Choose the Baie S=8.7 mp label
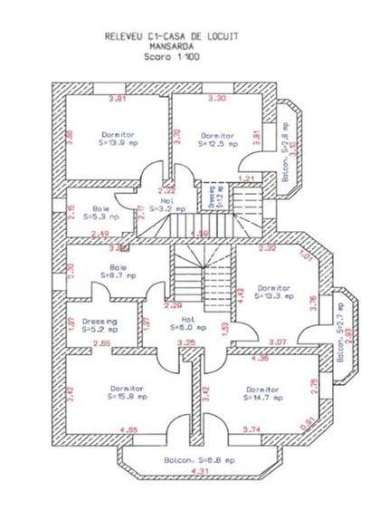pos(118,273)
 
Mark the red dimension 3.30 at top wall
pos(217,98)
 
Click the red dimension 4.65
pos(128,429)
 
